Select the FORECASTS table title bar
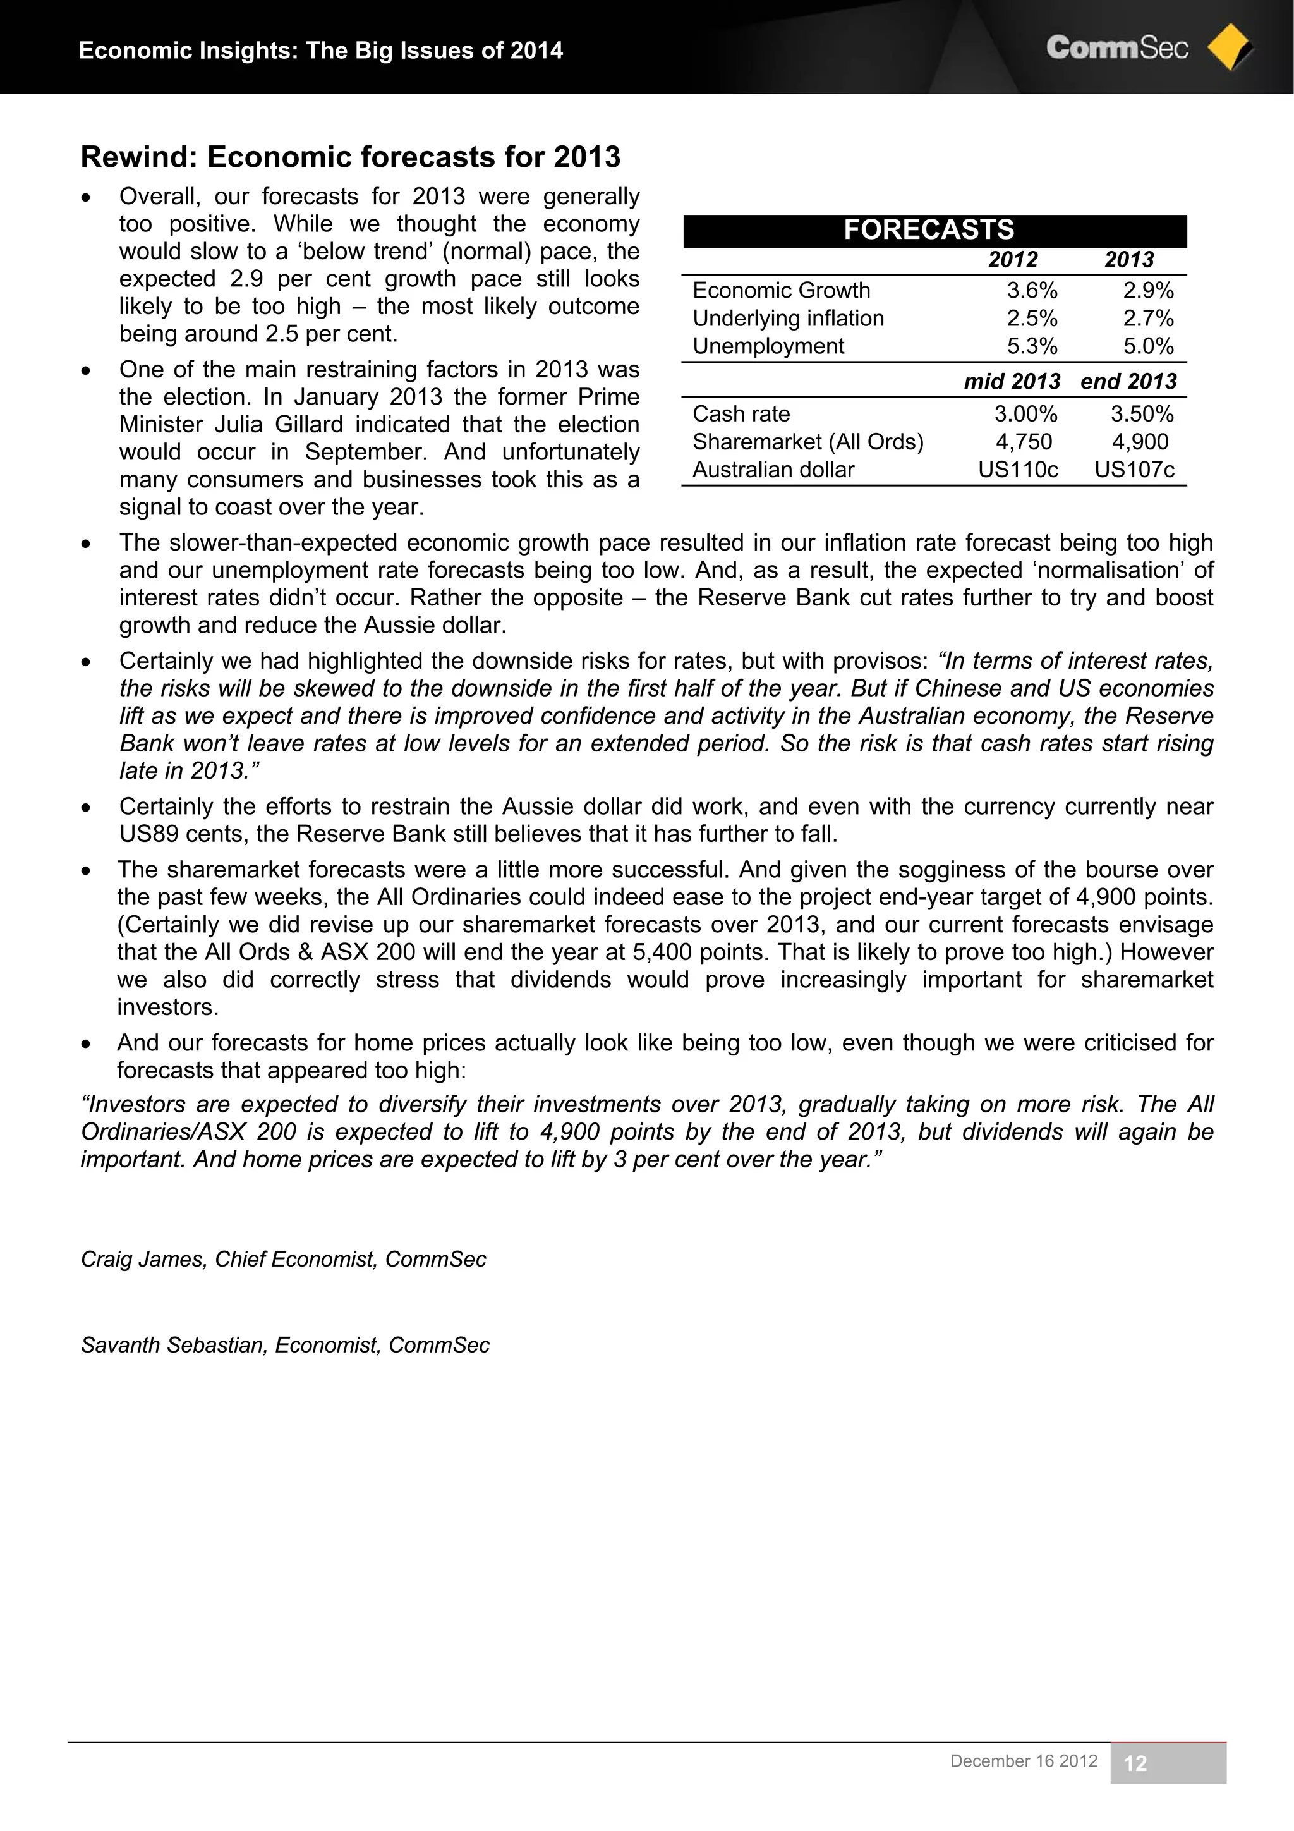[934, 231]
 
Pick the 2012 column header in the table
[1013, 260]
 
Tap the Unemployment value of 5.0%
[1148, 346]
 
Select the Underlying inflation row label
[788, 318]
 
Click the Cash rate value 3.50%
[1142, 414]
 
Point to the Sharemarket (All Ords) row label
[807, 442]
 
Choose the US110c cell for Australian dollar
[1018, 470]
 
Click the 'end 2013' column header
[1128, 381]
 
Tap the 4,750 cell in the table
[1024, 442]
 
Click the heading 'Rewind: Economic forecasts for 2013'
[350, 157]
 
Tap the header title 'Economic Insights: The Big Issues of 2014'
[320, 51]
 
